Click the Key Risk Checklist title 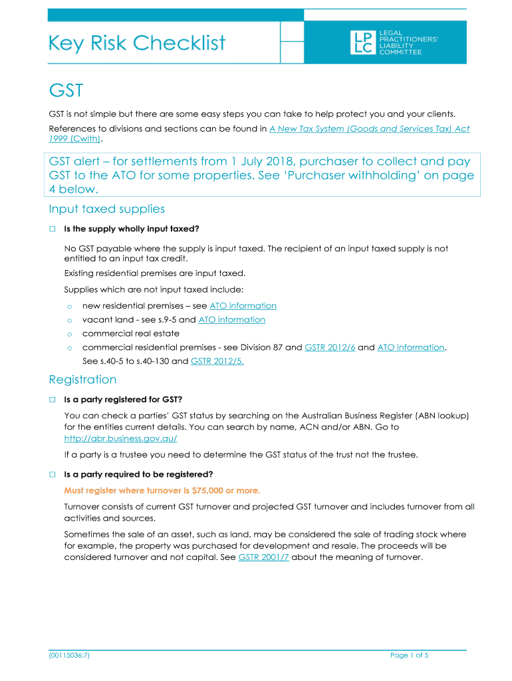click(137, 43)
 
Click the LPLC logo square click(362, 43)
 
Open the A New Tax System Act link click(369, 128)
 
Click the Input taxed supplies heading click(106, 209)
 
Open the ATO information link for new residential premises click(243, 306)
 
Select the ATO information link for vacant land click(231, 320)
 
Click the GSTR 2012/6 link click(330, 347)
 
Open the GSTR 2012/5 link click(213, 361)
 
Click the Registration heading click(82, 380)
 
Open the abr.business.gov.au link click(120, 439)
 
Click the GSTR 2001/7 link click(263, 557)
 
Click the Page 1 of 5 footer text click(409, 655)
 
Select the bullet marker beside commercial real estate click(68, 334)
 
